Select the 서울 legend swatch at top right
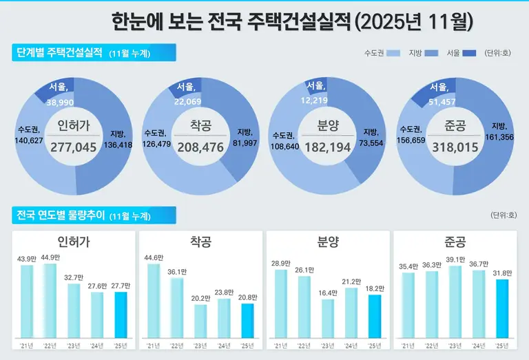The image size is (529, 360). tap(469, 53)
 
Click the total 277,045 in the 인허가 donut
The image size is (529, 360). tap(74, 147)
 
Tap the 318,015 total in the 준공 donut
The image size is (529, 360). tap(455, 147)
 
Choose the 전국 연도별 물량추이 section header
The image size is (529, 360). tap(93, 215)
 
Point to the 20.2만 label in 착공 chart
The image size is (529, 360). tap(200, 298)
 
